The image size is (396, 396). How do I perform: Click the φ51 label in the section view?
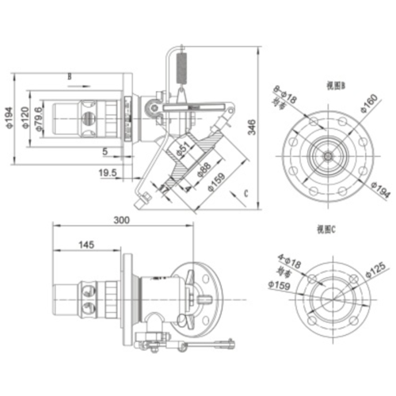(x=183, y=148)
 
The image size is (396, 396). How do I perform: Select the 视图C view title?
(x=326, y=229)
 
